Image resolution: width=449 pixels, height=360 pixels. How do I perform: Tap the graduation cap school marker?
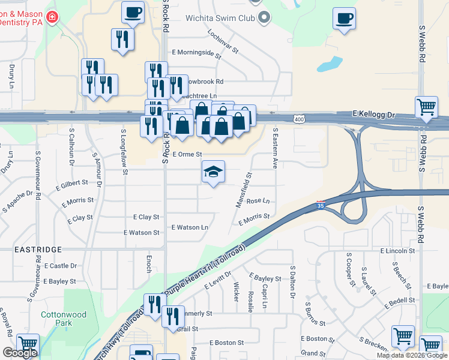point(213,172)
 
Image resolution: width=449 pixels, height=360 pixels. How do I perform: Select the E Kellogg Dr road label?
point(375,113)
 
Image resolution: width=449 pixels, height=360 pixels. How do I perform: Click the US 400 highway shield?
point(298,120)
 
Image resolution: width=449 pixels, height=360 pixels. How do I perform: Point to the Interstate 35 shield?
point(321,205)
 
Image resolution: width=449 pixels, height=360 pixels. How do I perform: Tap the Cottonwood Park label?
point(64,319)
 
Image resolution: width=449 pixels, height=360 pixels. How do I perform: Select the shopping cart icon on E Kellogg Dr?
point(427,107)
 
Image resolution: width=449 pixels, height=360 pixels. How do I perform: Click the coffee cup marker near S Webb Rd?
point(344,18)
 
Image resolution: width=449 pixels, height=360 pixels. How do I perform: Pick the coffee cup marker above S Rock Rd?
point(133,12)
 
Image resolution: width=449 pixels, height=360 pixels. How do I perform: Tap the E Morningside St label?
point(196,52)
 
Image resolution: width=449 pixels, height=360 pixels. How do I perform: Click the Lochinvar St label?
point(223,42)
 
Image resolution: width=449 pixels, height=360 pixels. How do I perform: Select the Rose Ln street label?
point(258,201)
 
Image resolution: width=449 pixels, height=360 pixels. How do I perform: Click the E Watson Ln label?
point(190,227)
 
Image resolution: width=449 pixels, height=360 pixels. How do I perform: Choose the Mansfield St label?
point(243,190)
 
